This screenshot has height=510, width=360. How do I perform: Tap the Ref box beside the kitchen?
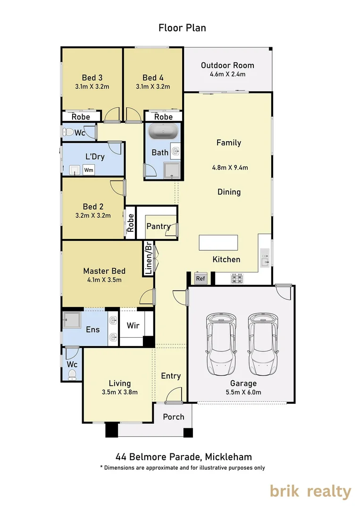(201, 278)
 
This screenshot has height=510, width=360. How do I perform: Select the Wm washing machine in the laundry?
(89, 170)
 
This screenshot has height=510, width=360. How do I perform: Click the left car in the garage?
(221, 344)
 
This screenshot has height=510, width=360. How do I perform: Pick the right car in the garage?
(263, 344)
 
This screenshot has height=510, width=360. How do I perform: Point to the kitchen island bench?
(218, 243)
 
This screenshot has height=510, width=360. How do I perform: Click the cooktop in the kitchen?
(237, 279)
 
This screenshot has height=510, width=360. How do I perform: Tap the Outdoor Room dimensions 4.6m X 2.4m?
(227, 74)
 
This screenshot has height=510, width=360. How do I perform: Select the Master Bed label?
(104, 271)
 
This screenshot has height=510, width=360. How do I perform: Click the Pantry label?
(159, 226)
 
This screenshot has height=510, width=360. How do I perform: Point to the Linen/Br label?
(148, 258)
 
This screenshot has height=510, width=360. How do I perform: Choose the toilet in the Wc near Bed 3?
(68, 132)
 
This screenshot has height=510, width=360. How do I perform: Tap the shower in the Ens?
(72, 320)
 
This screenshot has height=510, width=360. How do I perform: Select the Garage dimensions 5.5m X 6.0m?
(243, 392)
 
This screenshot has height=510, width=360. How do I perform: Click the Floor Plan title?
(182, 28)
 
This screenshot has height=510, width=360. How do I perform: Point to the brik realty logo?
(310, 492)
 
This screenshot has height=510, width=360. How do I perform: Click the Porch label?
(174, 416)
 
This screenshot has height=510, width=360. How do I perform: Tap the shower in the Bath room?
(172, 171)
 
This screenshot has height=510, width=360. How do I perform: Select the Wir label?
(133, 325)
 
